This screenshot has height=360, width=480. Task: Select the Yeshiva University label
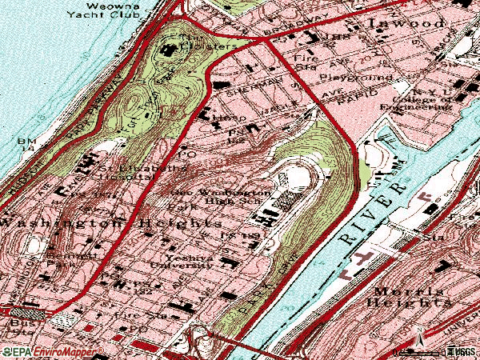point(193,265)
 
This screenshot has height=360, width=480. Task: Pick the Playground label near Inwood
point(355,78)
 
